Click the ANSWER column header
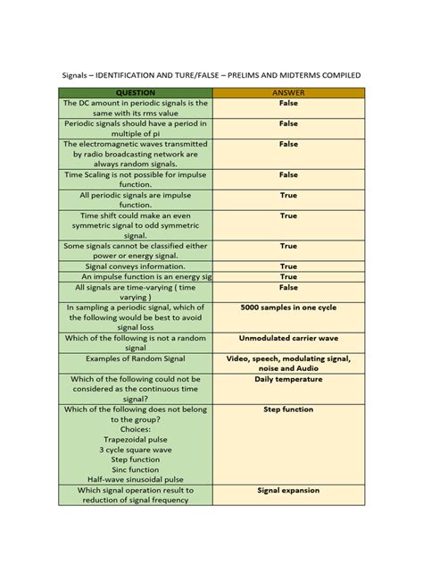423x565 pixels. [287, 92]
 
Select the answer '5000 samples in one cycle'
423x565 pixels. [287, 308]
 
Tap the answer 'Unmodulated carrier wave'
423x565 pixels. [288, 339]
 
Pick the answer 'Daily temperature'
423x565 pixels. [288, 379]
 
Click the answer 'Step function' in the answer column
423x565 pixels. [288, 409]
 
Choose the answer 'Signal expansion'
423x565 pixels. [288, 491]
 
